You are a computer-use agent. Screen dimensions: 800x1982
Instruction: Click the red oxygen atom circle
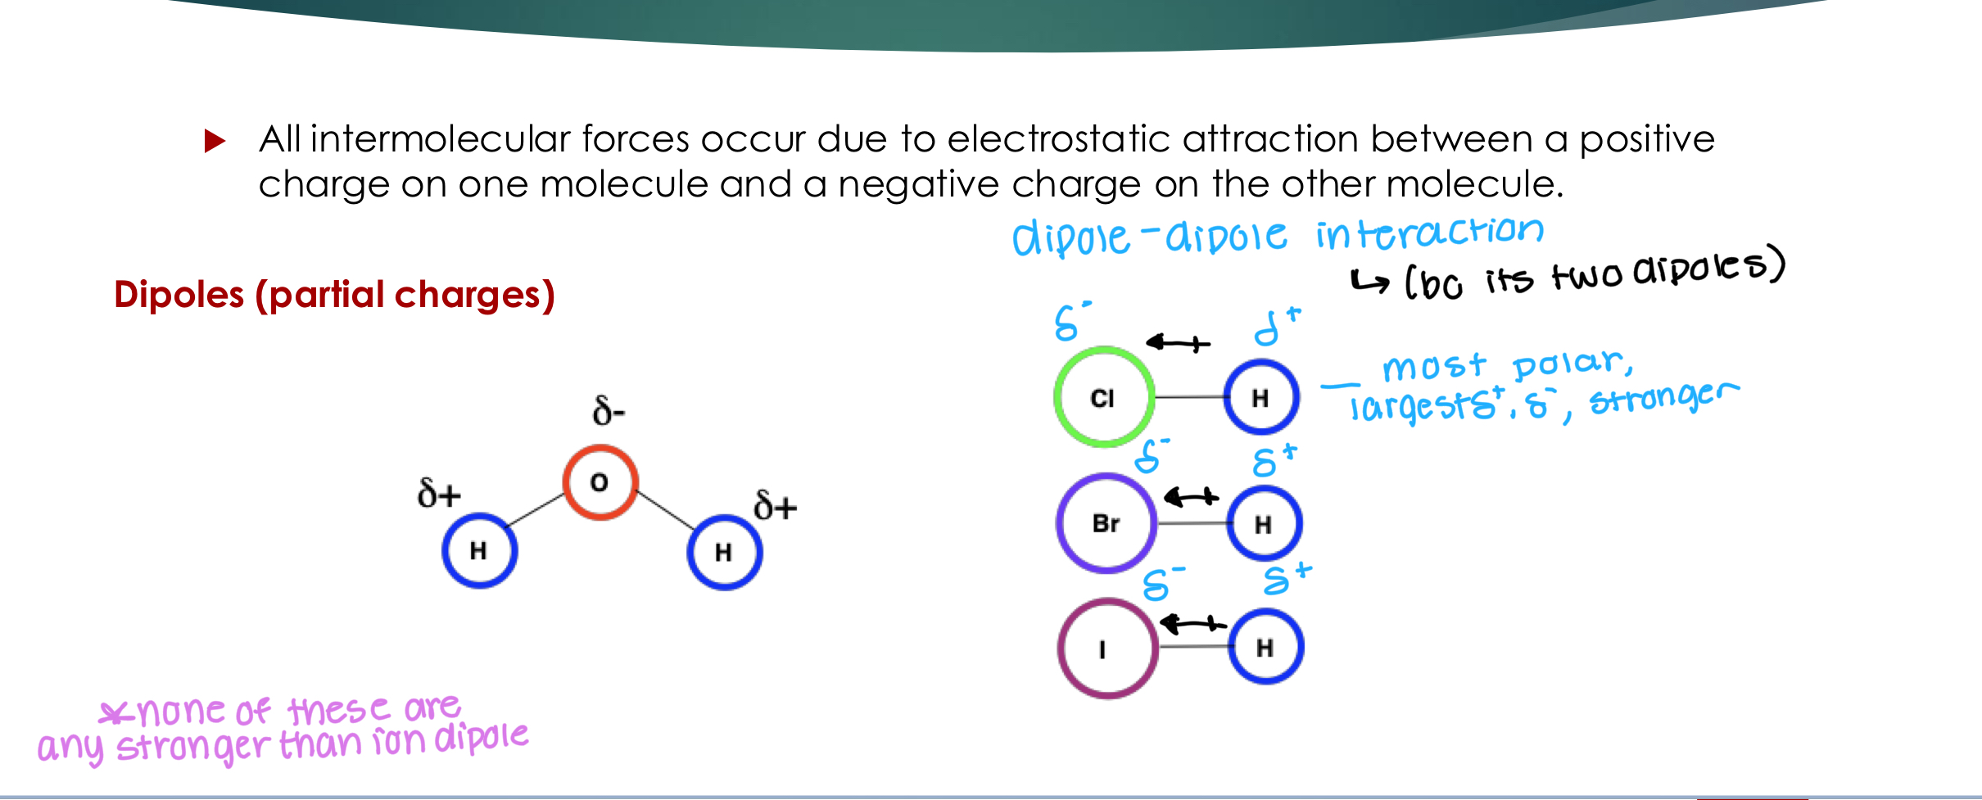(x=600, y=482)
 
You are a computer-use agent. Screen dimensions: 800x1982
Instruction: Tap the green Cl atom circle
(x=1103, y=397)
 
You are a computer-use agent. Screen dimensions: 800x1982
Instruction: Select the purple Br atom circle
(x=1106, y=523)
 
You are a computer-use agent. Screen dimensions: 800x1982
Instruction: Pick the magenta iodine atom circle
(x=1107, y=648)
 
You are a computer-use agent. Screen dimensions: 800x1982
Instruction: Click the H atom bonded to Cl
(x=1260, y=398)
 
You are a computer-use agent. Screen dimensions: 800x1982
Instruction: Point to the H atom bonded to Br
(x=1264, y=524)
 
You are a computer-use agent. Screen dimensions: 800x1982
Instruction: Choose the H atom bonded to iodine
(x=1265, y=648)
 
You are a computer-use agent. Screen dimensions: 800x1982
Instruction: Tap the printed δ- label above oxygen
(x=609, y=410)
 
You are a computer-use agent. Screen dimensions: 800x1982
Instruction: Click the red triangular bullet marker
(x=215, y=141)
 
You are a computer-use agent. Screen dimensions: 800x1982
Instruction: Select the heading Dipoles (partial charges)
(x=334, y=295)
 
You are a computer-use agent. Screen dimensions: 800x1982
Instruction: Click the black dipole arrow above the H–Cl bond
(x=1178, y=343)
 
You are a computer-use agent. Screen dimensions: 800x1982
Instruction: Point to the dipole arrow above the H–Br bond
(x=1192, y=496)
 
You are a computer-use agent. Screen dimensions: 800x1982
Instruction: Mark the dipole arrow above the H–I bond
(x=1192, y=625)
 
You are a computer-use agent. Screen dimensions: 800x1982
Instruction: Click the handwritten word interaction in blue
(x=1429, y=233)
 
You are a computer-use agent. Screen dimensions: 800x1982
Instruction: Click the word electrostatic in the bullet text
(x=1058, y=139)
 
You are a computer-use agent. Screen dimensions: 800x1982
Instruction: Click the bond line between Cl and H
(x=1188, y=397)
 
